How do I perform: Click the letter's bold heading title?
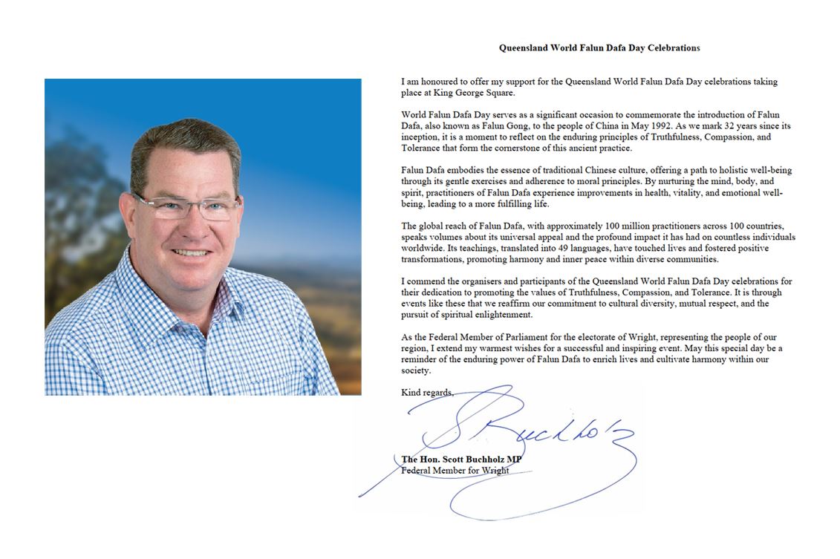click(599, 48)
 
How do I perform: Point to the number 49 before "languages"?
click(559, 248)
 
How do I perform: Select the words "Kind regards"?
click(426, 392)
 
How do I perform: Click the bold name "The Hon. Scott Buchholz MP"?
click(461, 460)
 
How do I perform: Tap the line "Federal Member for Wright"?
click(455, 470)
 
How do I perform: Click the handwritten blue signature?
click(520, 438)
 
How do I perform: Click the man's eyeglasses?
click(186, 207)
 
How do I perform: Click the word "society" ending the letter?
click(414, 370)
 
